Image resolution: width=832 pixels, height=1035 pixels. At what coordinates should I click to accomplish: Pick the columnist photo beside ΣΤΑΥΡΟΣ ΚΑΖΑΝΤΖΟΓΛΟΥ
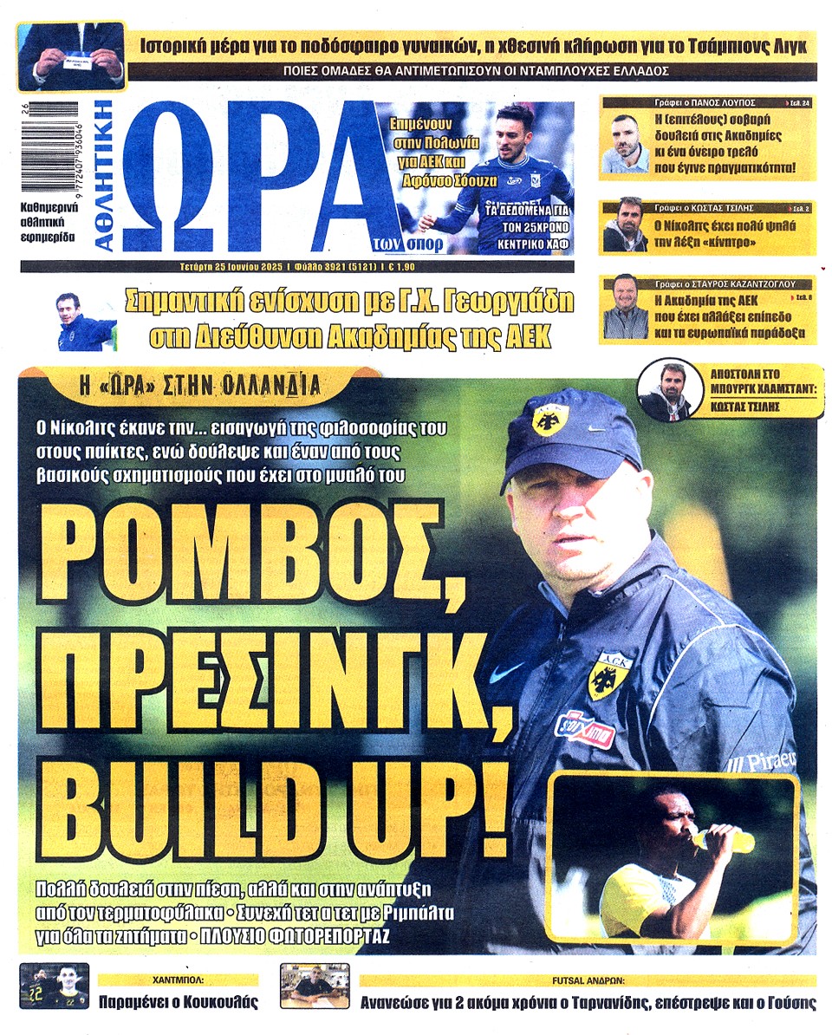pos(625,307)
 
